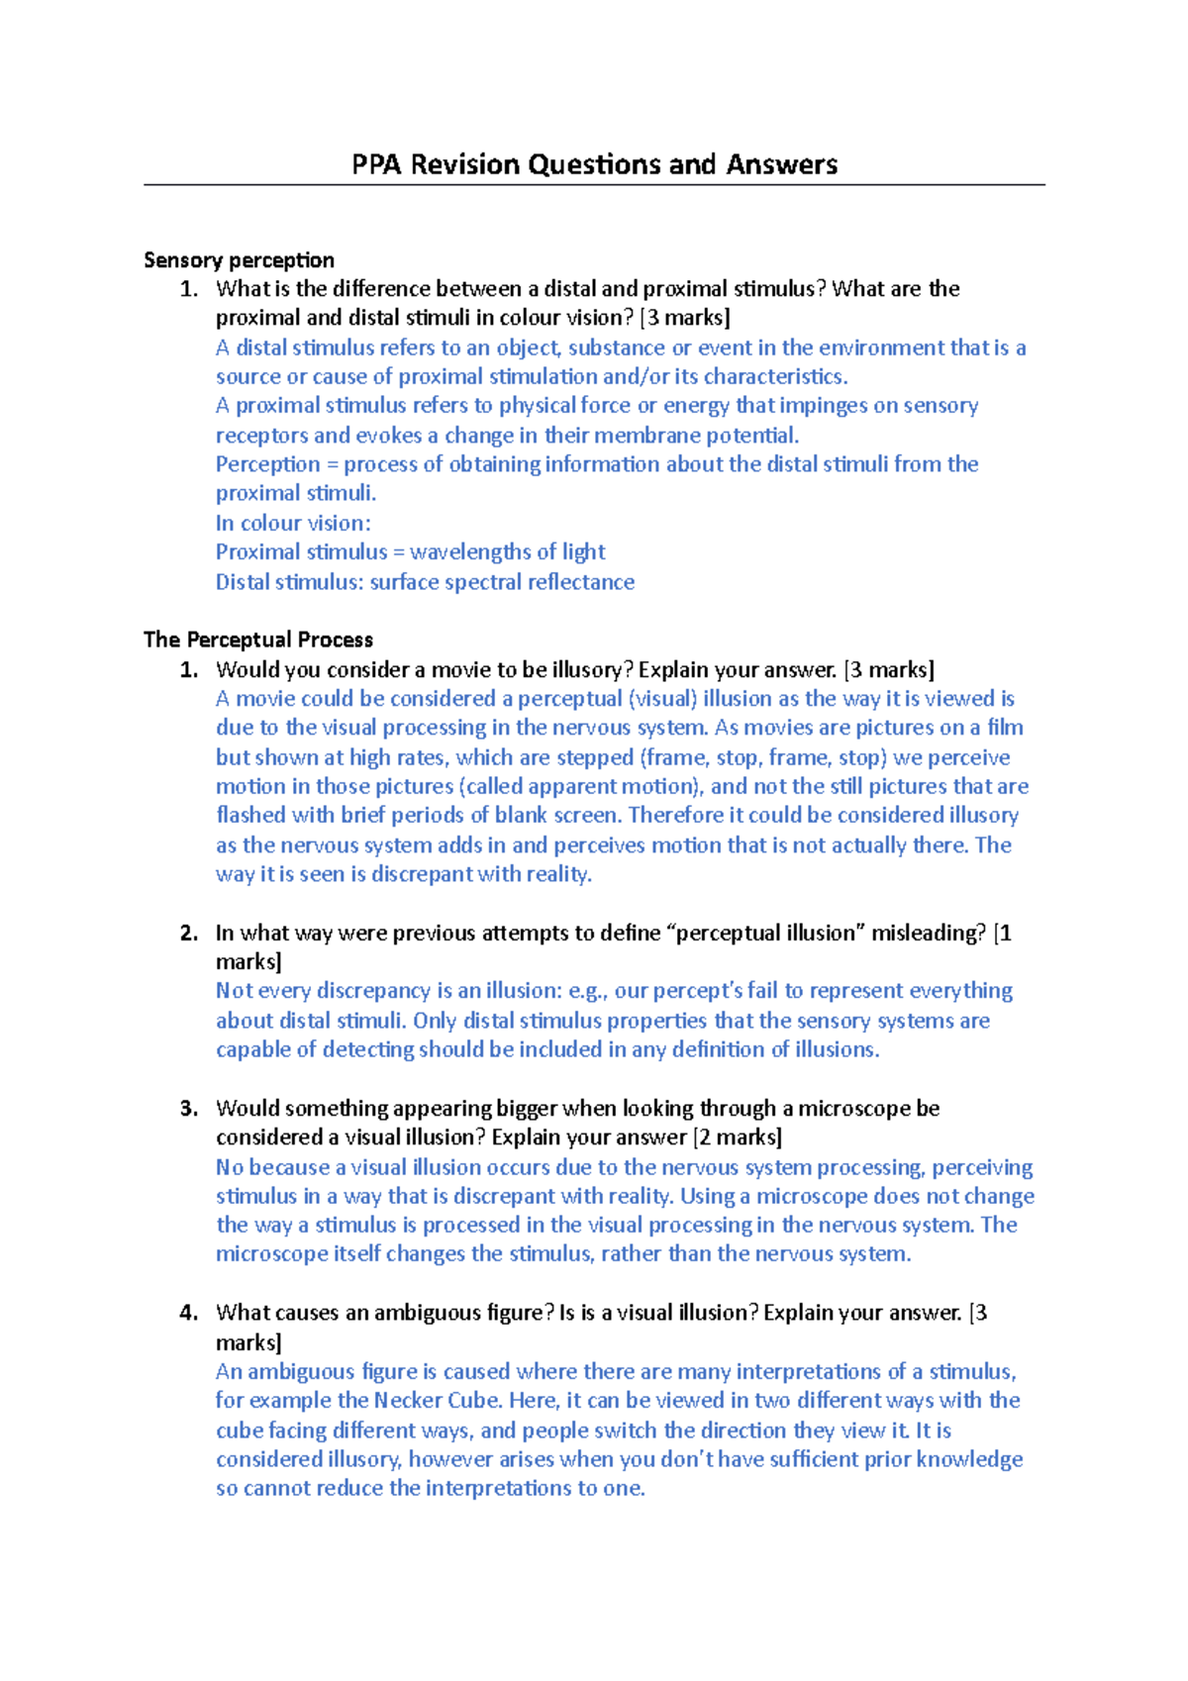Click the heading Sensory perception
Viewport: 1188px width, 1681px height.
coord(239,260)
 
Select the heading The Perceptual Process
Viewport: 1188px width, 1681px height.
coord(258,640)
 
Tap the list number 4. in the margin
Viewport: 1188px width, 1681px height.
coord(189,1314)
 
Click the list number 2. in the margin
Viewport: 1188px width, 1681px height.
coord(189,934)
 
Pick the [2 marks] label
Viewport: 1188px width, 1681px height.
coord(738,1137)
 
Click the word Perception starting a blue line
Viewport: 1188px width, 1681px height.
coord(267,464)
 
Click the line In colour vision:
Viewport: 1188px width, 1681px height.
coord(293,523)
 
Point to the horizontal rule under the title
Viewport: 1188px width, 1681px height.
coord(594,185)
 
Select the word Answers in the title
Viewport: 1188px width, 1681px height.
coord(781,164)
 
